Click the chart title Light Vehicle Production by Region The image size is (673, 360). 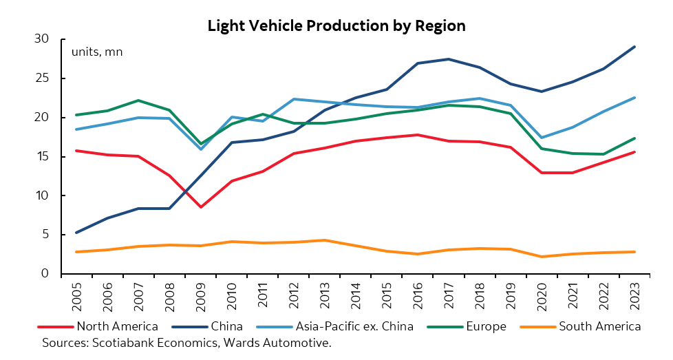point(336,26)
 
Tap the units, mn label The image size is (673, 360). point(97,52)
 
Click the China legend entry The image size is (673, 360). point(232,326)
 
